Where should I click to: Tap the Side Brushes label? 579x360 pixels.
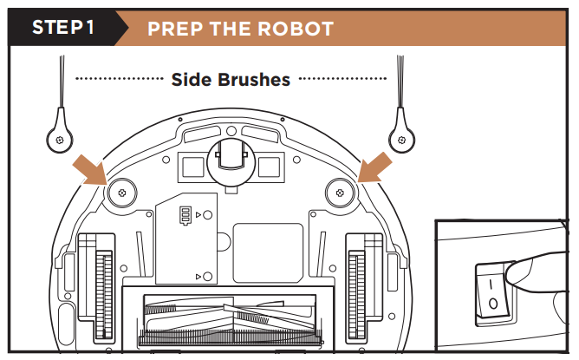click(x=231, y=80)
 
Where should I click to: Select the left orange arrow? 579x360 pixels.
click(x=91, y=167)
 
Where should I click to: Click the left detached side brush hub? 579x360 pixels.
click(x=57, y=136)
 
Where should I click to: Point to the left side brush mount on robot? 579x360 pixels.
click(x=120, y=193)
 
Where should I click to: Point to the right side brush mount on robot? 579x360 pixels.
click(x=340, y=193)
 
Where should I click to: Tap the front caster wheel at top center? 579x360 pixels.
click(x=231, y=157)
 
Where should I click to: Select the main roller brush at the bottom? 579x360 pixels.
click(x=230, y=321)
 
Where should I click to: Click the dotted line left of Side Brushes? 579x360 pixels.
click(x=120, y=80)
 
